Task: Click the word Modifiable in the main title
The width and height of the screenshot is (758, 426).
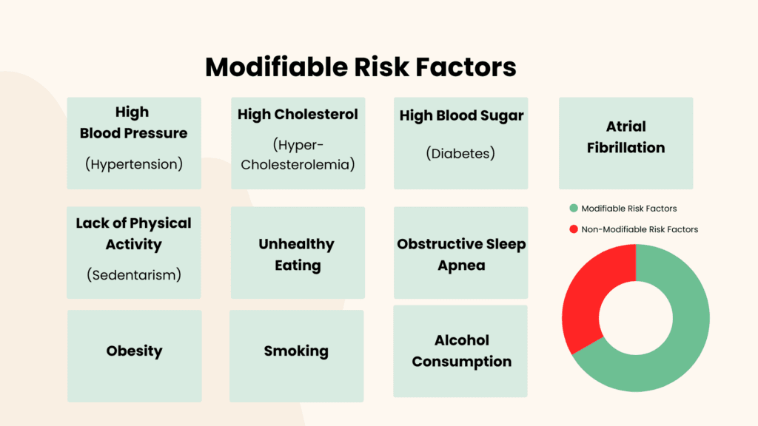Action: (x=277, y=67)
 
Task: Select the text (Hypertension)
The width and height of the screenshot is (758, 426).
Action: (x=134, y=164)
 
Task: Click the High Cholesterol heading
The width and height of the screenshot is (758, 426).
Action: (x=298, y=115)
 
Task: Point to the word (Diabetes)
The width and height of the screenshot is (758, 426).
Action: (x=460, y=154)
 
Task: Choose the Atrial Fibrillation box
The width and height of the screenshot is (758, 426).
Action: (x=626, y=143)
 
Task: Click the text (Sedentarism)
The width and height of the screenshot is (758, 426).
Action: (x=134, y=275)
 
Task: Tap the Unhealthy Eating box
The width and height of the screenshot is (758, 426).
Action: (x=298, y=253)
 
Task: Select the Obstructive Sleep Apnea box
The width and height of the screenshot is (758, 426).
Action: (x=460, y=253)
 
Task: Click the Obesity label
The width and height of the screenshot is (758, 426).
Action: (x=135, y=351)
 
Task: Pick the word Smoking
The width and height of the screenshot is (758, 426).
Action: (x=296, y=351)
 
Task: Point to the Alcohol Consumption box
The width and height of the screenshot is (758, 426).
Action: (x=460, y=351)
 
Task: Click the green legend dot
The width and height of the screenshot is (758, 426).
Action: (x=574, y=208)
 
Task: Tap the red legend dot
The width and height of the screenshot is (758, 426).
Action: (x=574, y=229)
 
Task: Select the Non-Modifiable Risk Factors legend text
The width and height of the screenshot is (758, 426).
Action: (x=640, y=229)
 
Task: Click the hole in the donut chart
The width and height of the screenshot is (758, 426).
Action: (x=636, y=318)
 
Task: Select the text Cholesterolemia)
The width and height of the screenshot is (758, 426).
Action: (x=298, y=165)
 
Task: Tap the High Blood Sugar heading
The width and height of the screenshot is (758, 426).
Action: (x=462, y=116)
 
